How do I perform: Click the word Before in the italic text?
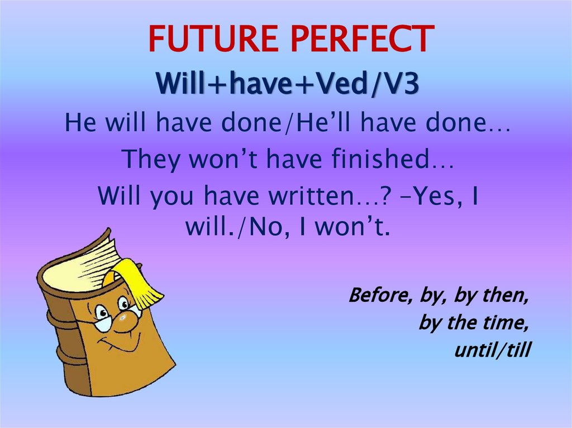[x=379, y=295]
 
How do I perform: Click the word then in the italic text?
[x=506, y=295]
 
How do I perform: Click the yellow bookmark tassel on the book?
[x=137, y=282]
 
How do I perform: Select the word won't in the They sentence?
[x=229, y=160]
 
